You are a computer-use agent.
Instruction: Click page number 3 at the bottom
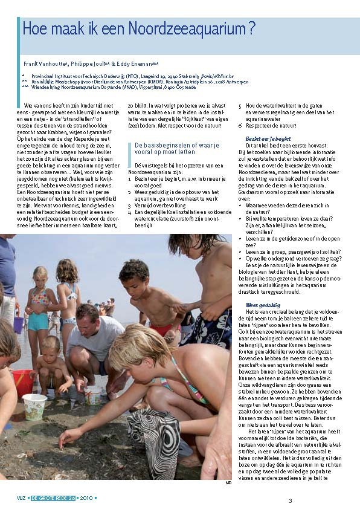point(290,500)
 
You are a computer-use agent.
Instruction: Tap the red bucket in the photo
point(22,383)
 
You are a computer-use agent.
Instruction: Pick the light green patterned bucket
point(34,405)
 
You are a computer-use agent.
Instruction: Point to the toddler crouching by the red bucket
point(50,369)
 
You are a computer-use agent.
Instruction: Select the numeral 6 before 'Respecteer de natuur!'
point(240,126)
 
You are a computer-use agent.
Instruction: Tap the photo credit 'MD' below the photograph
point(228,482)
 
